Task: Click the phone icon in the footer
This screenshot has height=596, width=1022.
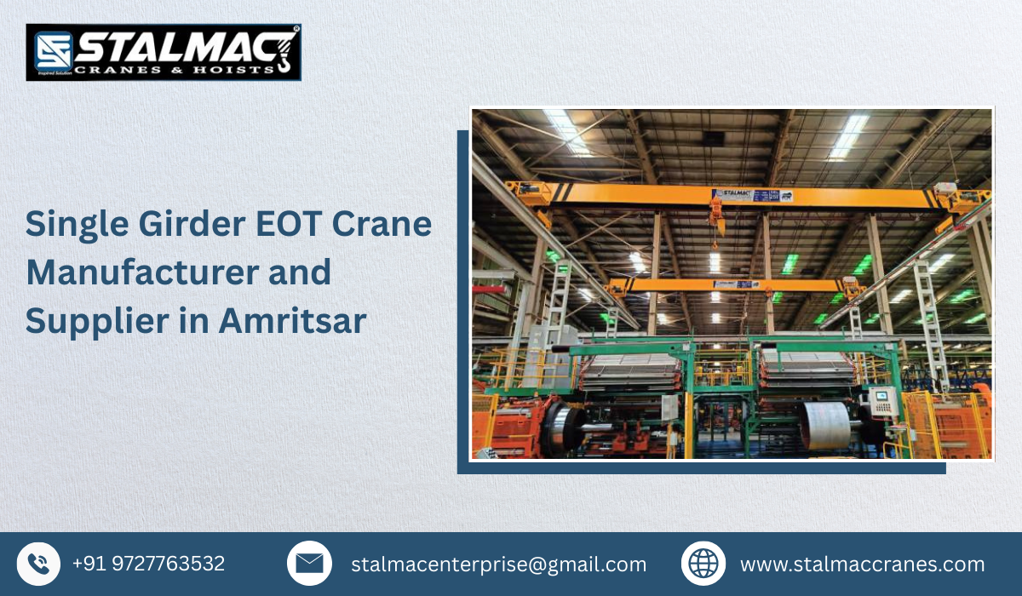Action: (x=38, y=564)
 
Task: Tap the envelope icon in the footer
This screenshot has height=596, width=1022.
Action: (x=309, y=564)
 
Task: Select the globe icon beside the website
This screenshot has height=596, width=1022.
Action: (x=703, y=564)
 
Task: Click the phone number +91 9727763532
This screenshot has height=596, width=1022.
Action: (x=148, y=564)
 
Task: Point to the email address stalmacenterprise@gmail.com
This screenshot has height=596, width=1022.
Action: (x=498, y=564)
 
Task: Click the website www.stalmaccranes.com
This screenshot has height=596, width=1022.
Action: (x=862, y=564)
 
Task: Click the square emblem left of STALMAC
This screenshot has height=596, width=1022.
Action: (x=50, y=52)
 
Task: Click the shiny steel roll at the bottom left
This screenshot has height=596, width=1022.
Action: (x=563, y=425)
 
